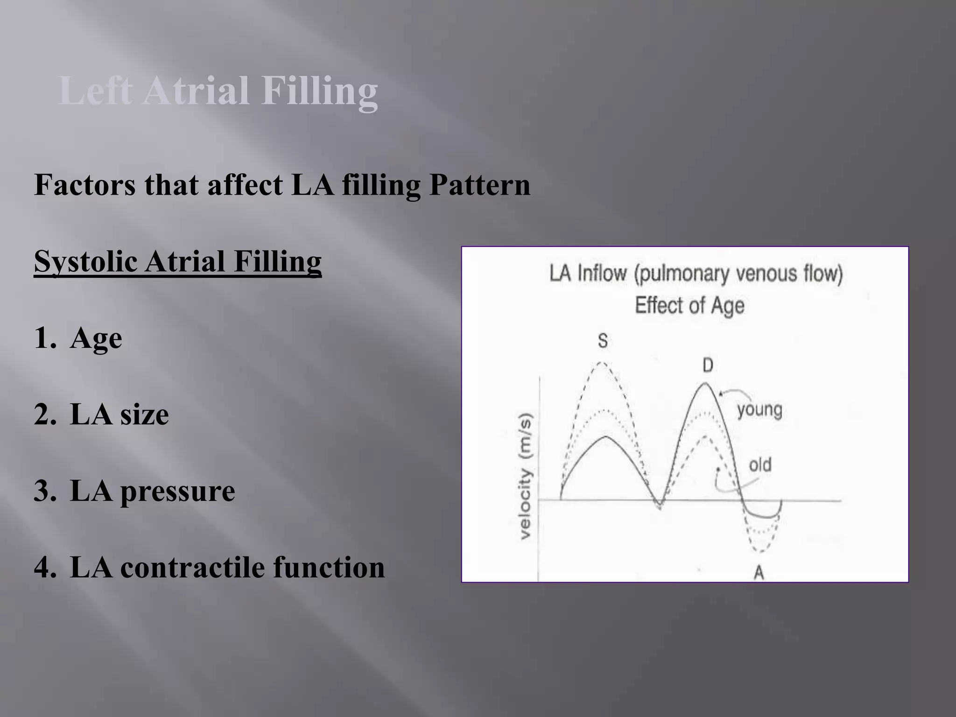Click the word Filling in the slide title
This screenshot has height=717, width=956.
pos(319,91)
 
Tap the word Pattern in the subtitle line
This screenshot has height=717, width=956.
pos(480,185)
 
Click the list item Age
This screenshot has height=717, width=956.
pos(96,338)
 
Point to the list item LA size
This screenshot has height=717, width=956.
pos(119,415)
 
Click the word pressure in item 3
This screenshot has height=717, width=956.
pos(177,491)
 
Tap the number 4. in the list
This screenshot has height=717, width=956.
pos(45,568)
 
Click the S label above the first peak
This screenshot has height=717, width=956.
pos(603,341)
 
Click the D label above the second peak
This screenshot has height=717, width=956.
pos(708,365)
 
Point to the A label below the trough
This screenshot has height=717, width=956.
pos(759,572)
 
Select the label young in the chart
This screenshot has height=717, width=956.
pos(759,410)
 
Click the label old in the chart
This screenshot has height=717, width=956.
pos(760,465)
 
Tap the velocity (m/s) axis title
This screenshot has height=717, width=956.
pos(526,476)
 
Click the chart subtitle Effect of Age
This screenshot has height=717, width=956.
pos(689,305)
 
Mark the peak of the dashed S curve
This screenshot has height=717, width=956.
pos(602,363)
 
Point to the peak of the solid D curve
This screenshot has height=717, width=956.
pos(705,383)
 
